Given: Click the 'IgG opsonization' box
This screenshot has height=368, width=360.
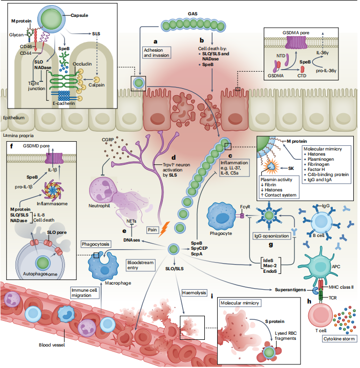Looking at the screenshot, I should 271,236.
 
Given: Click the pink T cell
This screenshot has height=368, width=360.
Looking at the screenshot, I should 321,323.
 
